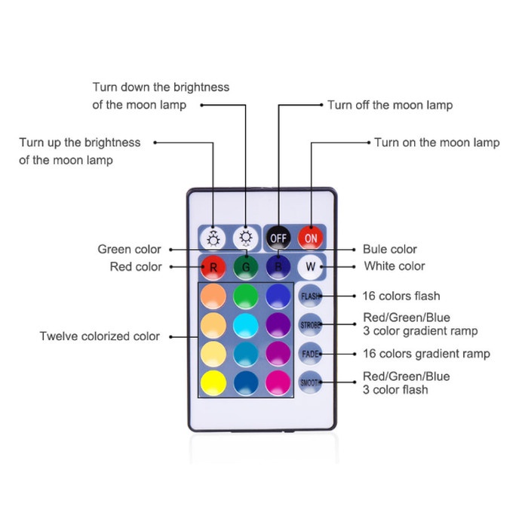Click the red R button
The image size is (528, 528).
(213, 267)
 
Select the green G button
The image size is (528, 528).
(245, 267)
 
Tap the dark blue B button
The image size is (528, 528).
(277, 267)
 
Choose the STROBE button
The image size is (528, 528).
(310, 325)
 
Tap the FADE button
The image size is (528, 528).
(310, 353)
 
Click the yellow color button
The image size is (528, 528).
(214, 381)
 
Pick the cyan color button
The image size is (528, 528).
(246, 325)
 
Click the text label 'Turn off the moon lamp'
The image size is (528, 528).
(390, 105)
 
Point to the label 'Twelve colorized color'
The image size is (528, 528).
(100, 336)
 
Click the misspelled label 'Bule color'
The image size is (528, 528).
(389, 249)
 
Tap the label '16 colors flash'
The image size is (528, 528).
(401, 296)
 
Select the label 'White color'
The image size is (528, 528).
(394, 266)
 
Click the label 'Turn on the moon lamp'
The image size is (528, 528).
(437, 142)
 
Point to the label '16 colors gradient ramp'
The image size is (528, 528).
(426, 354)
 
